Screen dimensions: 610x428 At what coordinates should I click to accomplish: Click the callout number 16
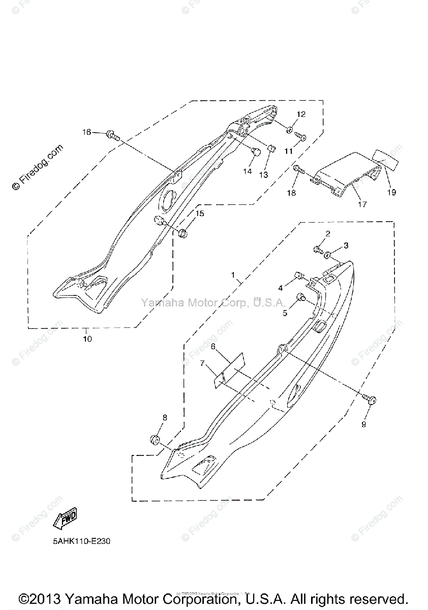tap(87, 132)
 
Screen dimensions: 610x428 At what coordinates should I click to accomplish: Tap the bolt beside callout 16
tap(112, 135)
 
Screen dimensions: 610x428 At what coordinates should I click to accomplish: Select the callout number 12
tap(301, 114)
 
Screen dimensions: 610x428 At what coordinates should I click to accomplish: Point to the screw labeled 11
tap(300, 136)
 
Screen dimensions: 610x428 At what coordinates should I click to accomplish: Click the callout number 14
tap(247, 171)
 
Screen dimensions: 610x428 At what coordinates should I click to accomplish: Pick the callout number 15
tap(200, 213)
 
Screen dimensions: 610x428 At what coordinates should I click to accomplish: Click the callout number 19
tap(391, 193)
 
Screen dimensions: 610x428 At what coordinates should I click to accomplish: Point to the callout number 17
tap(362, 204)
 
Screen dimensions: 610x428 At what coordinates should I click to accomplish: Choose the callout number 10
tap(87, 338)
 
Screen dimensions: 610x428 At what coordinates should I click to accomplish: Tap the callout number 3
tap(346, 246)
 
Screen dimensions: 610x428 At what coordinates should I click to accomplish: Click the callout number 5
tap(285, 313)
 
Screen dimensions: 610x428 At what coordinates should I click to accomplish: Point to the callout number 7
tap(202, 363)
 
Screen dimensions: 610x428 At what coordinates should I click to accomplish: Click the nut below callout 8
tap(155, 439)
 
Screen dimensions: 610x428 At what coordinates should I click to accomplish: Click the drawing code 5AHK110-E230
tap(81, 541)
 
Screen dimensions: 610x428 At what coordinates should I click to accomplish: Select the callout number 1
tap(233, 275)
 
